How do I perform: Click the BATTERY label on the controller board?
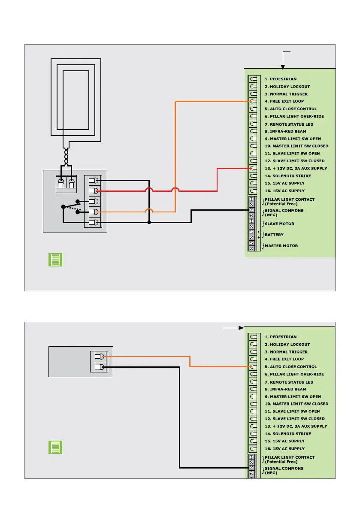(x=274, y=235)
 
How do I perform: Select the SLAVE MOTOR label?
(x=279, y=224)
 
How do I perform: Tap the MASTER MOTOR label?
(x=281, y=246)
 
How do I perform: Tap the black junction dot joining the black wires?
(x=149, y=222)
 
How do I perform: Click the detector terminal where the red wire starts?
(x=97, y=190)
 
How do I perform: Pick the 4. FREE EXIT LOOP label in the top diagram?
(x=284, y=101)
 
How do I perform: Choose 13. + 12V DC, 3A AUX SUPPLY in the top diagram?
(x=296, y=168)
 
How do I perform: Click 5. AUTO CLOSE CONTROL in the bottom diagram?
(x=290, y=367)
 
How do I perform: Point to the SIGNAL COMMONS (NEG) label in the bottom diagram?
(x=284, y=470)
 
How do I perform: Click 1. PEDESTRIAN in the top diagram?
(x=281, y=79)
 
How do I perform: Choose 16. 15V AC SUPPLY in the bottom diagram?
(x=284, y=449)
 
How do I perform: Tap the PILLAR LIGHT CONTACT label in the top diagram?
(x=289, y=201)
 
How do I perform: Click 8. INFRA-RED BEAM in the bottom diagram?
(x=285, y=389)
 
